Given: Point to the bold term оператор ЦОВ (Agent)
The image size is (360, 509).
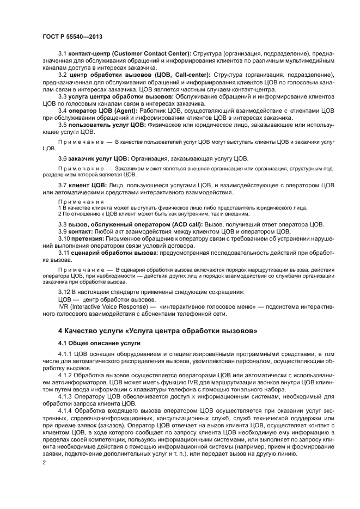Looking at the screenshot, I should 100,110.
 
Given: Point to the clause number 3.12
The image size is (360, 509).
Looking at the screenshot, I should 65,291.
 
